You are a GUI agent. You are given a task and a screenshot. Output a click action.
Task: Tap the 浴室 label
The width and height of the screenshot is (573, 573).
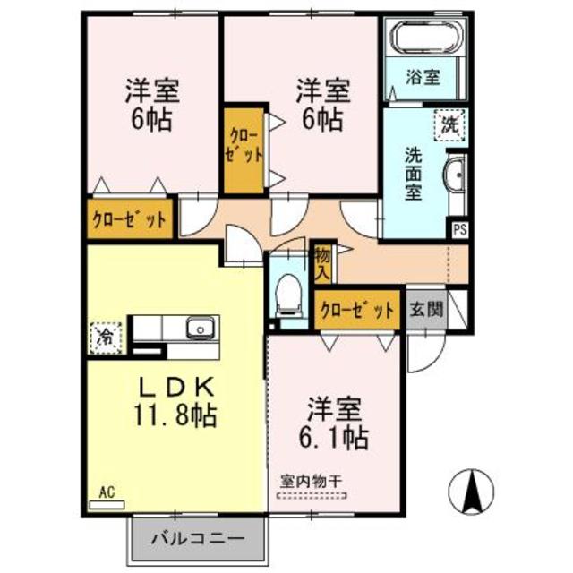(424, 77)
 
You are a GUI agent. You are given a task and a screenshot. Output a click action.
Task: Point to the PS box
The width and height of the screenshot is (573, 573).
(459, 229)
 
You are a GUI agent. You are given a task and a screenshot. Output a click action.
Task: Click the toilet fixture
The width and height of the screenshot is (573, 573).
(288, 291)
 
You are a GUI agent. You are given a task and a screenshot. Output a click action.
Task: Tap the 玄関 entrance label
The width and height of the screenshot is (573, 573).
(425, 311)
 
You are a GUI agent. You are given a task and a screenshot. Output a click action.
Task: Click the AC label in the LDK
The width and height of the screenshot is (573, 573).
(107, 491)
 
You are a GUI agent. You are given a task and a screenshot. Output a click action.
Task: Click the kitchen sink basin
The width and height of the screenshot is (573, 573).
(200, 329)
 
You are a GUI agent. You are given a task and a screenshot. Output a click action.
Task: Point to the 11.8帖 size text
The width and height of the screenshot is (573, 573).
(175, 415)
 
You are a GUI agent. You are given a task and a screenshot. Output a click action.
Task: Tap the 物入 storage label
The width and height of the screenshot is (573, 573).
(321, 261)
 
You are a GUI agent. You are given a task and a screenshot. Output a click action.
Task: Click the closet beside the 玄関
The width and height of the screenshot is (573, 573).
(357, 311)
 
